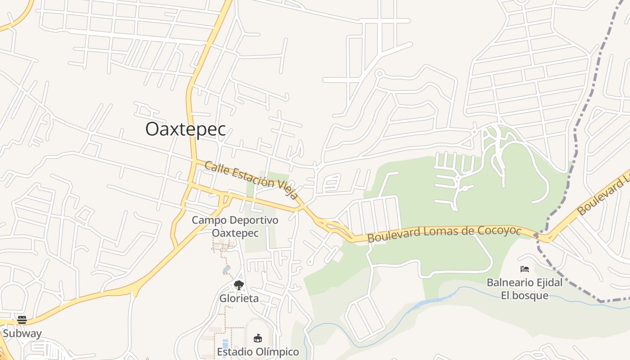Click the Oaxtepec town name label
185,129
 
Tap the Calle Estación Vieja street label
251,180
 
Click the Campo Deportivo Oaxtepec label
235,226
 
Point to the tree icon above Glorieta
239,285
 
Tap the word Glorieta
239,298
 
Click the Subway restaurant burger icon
22,320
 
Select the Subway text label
22,333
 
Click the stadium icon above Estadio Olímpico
258,338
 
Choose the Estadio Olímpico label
258,352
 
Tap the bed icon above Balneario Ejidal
525,269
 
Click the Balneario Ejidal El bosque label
525,289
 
